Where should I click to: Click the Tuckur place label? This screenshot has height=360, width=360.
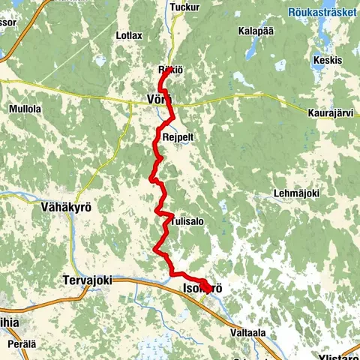[x=185, y=7]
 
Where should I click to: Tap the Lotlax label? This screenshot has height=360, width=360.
[x=129, y=35]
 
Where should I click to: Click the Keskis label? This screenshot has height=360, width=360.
[x=328, y=60]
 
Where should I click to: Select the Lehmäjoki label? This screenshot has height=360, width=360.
[x=298, y=193]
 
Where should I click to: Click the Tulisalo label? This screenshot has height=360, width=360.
[x=187, y=221]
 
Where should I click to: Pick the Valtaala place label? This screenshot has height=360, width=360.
[x=250, y=331]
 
